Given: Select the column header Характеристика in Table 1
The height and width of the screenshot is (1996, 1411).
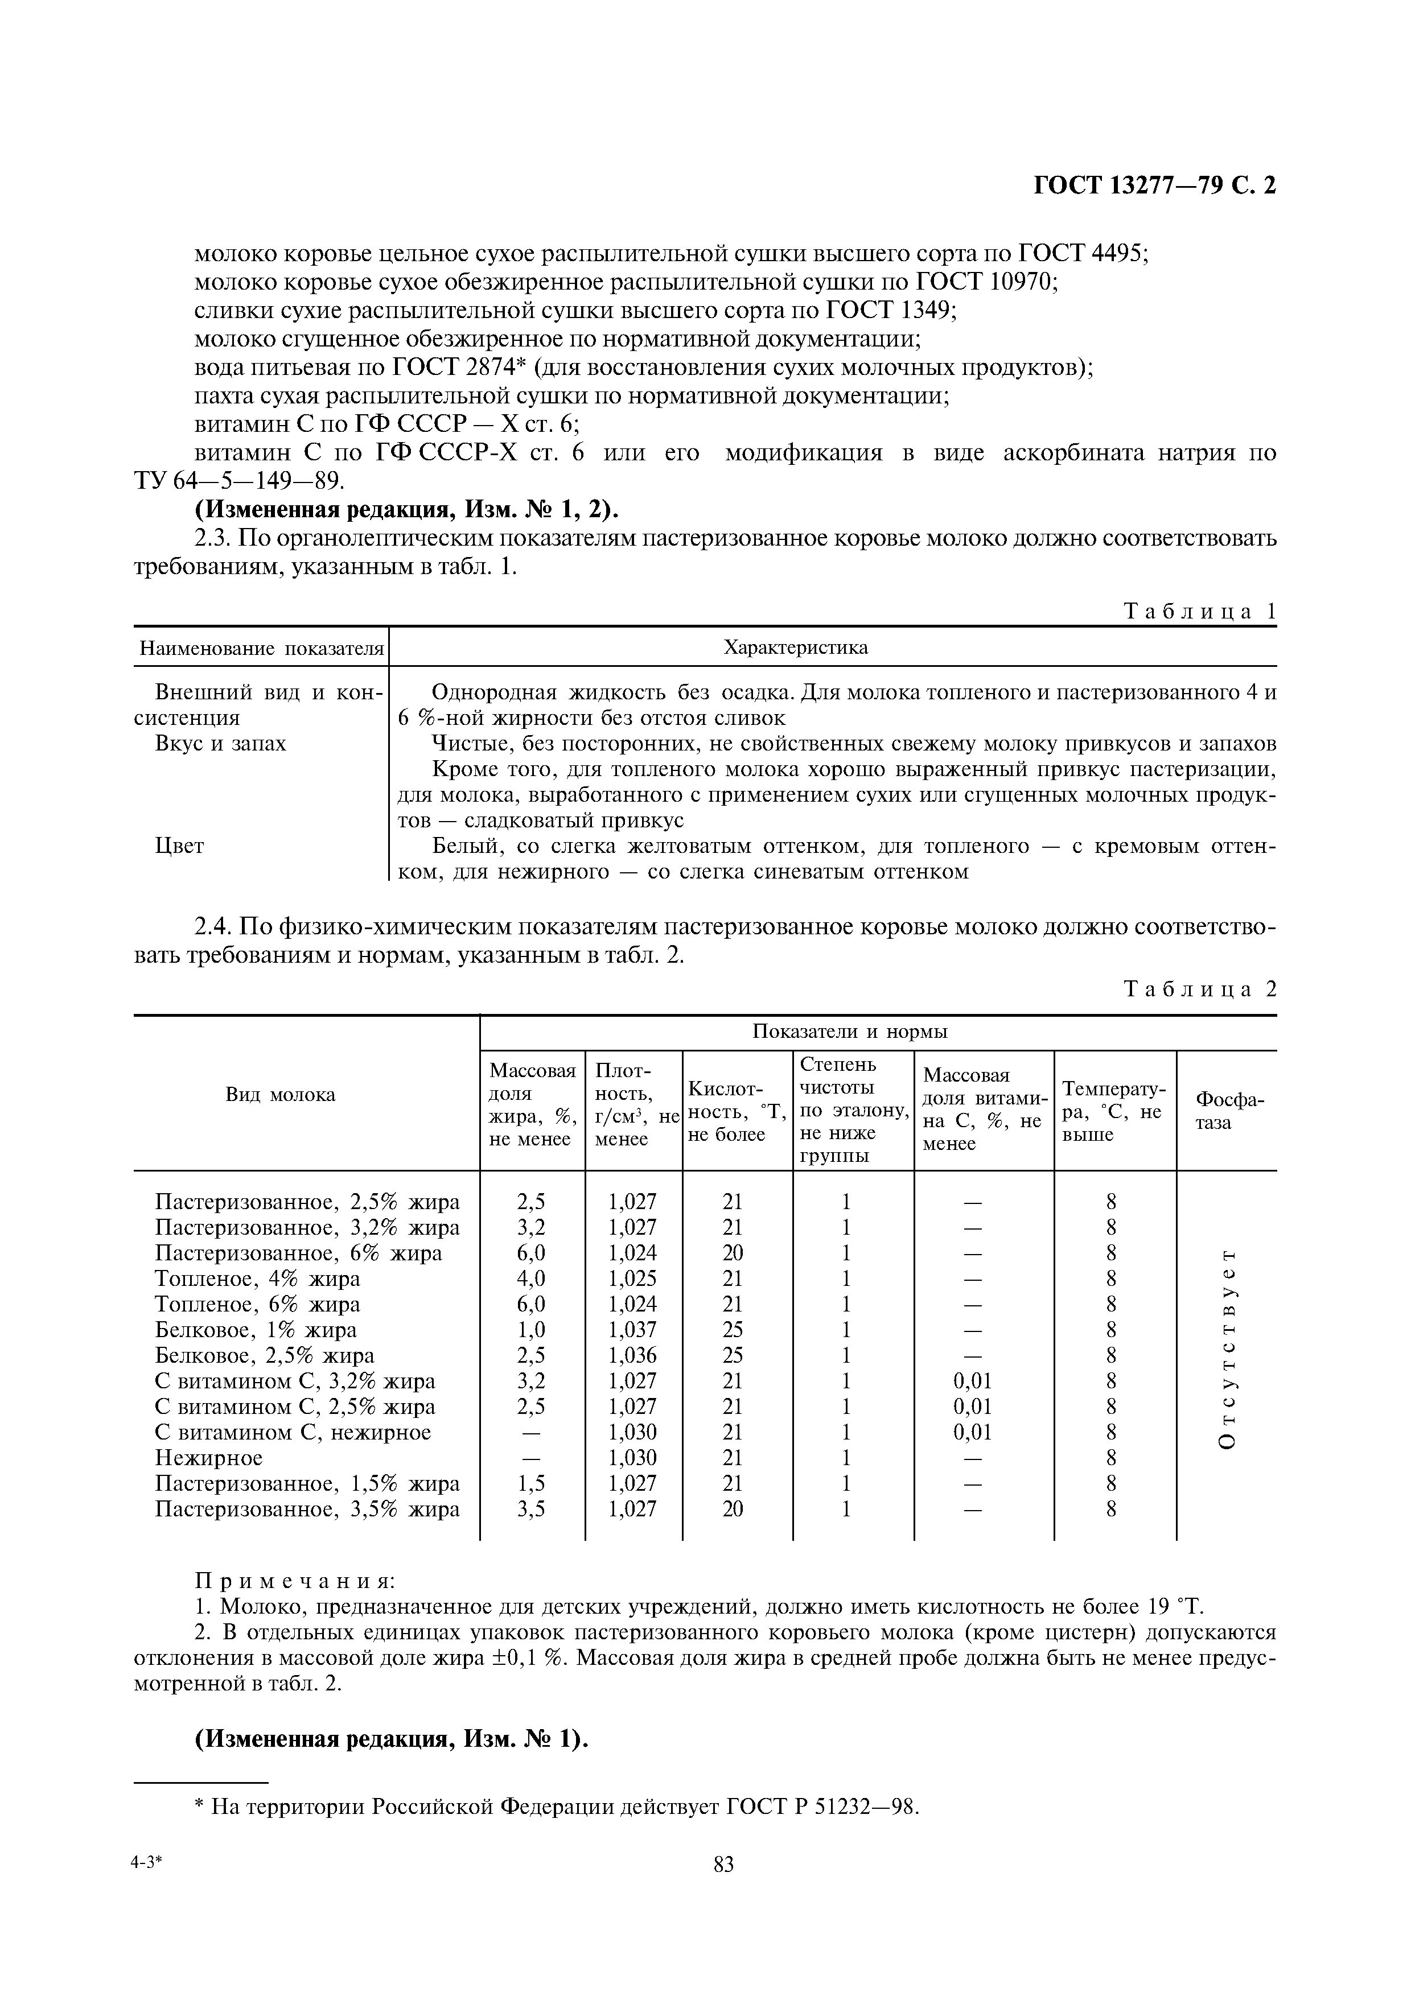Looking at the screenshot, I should pos(796,648).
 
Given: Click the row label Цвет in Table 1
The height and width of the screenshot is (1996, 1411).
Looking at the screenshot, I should pos(179,846).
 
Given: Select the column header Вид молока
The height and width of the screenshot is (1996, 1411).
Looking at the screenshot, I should pos(281,1095).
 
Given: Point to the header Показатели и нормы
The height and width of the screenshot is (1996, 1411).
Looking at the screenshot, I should pos(849,1032).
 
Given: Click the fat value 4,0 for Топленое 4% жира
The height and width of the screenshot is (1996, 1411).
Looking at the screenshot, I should pos(530,1279).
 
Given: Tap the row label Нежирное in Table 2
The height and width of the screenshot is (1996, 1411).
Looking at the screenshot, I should pos(209,1458).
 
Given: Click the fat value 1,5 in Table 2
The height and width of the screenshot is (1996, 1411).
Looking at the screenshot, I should pos(530,1483).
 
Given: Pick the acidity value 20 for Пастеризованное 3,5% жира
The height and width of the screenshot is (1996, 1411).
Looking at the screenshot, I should pos(733,1509).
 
